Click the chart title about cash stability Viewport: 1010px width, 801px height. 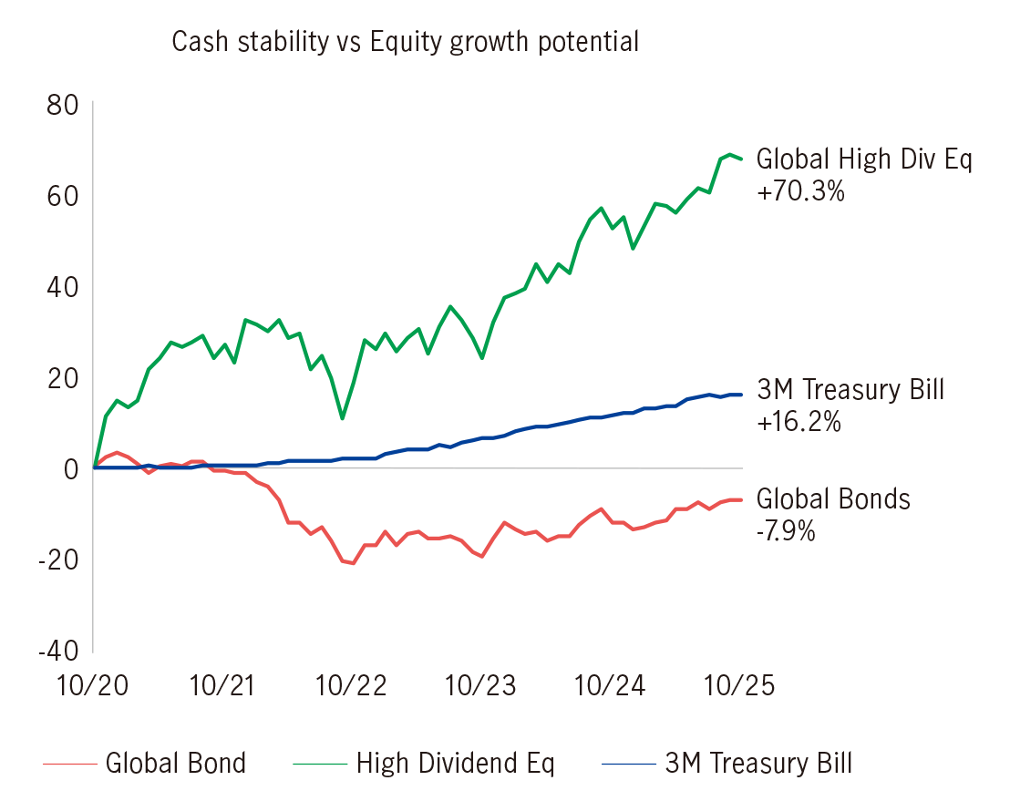(405, 43)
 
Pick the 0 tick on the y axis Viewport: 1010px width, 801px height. (71, 468)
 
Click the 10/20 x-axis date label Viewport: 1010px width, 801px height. (94, 686)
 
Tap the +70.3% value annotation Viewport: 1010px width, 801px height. (800, 192)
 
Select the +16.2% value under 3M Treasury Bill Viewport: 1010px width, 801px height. (799, 423)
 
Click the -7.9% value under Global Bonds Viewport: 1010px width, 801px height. (786, 530)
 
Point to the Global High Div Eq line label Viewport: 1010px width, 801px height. (864, 160)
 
